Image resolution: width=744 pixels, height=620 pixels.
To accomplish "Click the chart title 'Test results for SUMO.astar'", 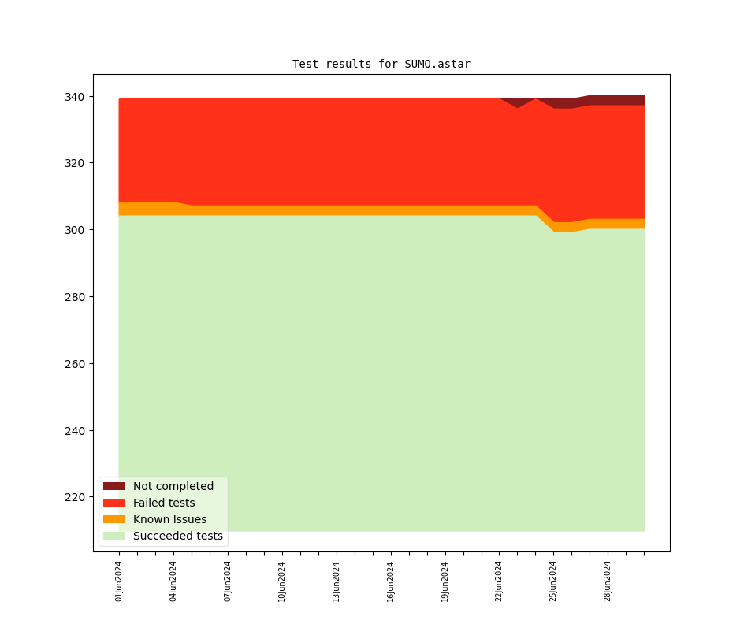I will (381, 64).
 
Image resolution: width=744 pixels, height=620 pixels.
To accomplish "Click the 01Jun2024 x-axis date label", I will (119, 581).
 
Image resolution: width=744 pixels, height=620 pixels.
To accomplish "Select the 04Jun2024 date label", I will (173, 581).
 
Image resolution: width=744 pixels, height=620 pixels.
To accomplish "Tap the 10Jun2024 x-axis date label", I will (282, 581).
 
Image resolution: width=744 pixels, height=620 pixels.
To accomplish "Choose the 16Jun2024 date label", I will (391, 581).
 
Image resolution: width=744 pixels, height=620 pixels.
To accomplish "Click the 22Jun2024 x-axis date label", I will (499, 581).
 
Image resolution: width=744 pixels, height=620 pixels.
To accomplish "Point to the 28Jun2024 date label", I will (608, 581).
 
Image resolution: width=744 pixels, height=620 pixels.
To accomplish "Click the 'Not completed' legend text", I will (173, 487).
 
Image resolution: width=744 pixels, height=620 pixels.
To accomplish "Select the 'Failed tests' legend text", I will (164, 503).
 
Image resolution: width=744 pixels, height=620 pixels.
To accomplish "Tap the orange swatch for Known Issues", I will (113, 520).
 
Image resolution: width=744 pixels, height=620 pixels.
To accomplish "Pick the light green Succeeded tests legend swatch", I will (113, 536).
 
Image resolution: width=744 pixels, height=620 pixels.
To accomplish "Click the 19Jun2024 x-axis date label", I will (445, 581).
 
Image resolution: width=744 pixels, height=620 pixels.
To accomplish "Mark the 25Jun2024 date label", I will (553, 581).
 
